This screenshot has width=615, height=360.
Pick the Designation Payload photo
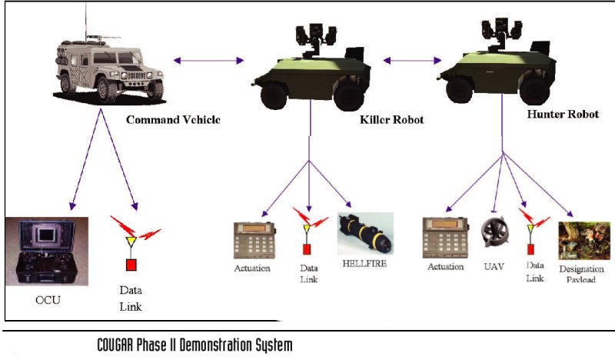point(579,240)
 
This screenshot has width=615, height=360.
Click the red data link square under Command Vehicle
point(131,265)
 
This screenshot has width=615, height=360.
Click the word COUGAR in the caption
point(119,345)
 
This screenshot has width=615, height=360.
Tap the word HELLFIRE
point(365,263)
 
